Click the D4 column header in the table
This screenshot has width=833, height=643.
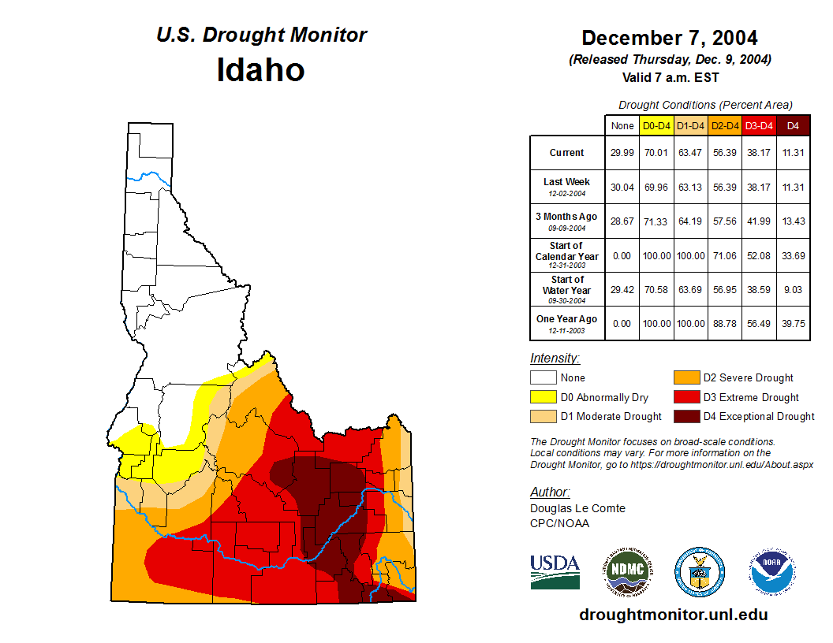794,125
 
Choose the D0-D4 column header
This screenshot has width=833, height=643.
656,125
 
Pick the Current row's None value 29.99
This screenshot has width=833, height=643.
622,153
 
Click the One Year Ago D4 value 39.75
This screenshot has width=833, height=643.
794,324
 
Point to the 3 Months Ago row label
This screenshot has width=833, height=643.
566,221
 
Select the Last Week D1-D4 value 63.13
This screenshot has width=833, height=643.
691,188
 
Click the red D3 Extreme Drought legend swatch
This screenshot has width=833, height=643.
685,397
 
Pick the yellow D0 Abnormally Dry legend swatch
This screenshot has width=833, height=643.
543,397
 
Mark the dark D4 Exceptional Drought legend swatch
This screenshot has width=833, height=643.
685,416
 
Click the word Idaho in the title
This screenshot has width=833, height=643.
260,70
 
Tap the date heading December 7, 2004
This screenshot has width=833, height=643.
669,38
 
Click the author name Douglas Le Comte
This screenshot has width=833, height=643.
577,508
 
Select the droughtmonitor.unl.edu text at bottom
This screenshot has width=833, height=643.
673,615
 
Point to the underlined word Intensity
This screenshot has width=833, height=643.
555,359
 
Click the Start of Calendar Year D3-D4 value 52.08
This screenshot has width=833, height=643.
760,256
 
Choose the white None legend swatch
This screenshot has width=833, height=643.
543,378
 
